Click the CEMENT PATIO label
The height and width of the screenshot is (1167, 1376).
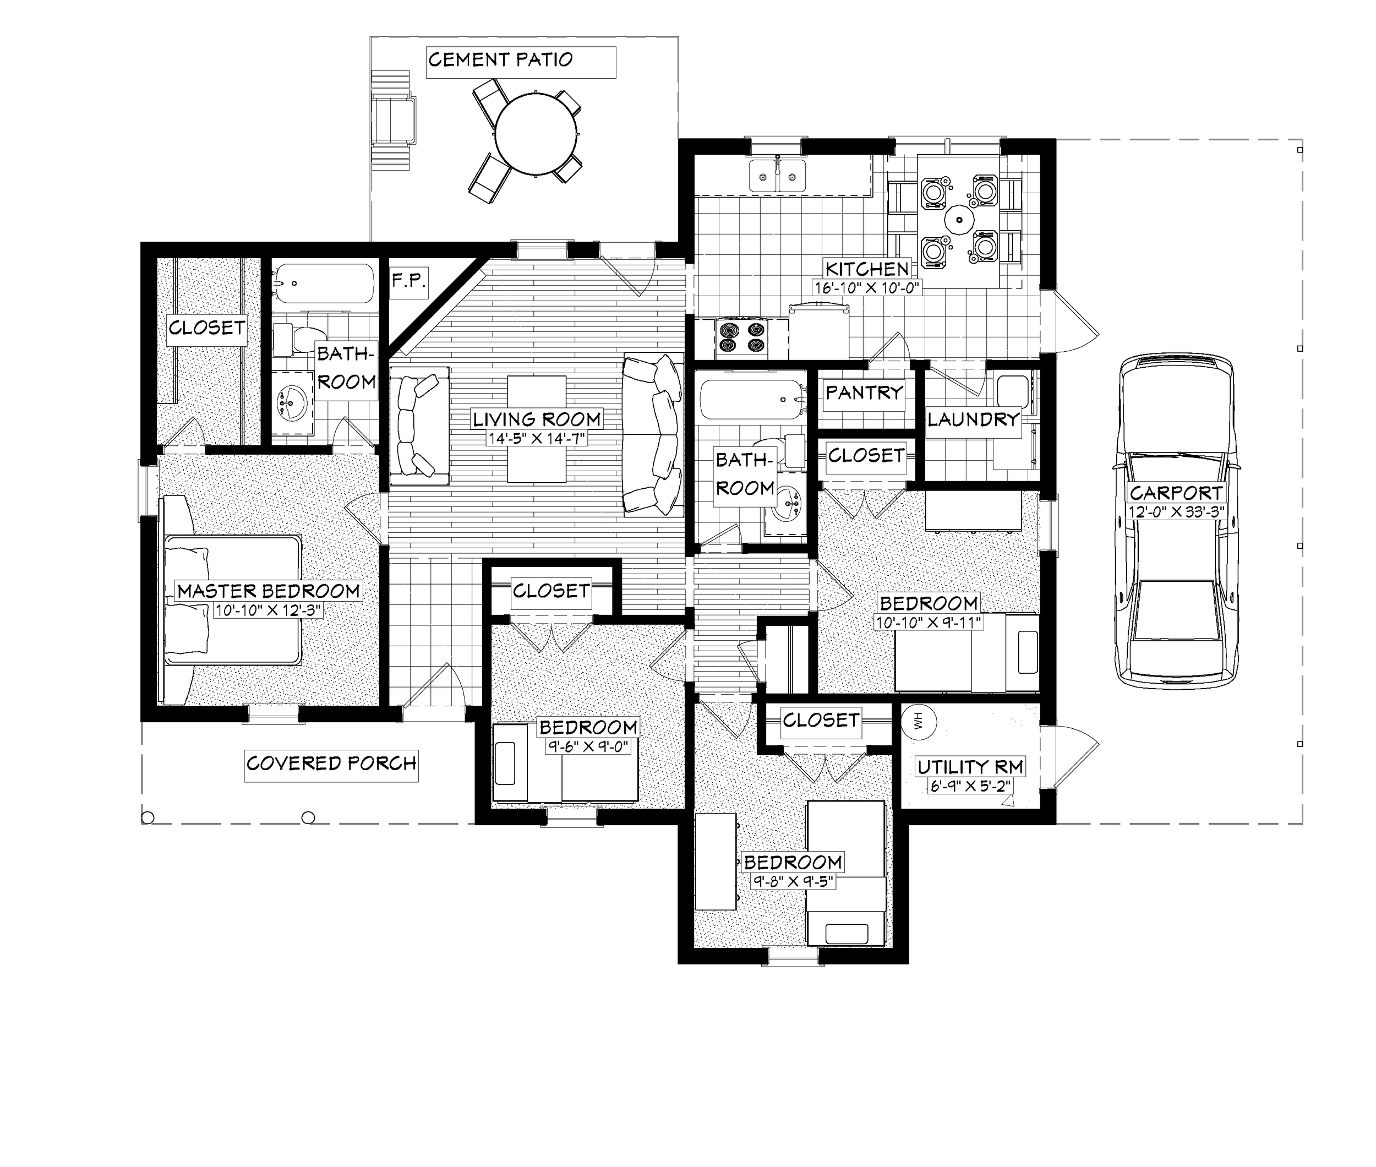501,60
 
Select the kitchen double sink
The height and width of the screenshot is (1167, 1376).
777,176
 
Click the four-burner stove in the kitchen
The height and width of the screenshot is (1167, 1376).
741,337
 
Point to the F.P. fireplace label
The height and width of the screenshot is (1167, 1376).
408,281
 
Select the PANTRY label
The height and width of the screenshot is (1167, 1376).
864,393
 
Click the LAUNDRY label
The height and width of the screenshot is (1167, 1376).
973,419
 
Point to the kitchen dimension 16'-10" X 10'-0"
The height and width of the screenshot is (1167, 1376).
867,287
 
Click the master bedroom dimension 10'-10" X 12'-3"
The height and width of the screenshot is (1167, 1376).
268,610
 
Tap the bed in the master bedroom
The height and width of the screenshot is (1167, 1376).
232,601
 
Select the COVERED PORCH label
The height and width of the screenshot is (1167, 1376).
331,764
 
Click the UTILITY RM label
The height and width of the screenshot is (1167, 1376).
970,767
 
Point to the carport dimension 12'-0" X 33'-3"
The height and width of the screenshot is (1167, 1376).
1176,511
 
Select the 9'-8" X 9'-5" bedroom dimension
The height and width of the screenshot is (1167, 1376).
793,881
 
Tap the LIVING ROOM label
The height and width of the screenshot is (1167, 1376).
537,419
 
